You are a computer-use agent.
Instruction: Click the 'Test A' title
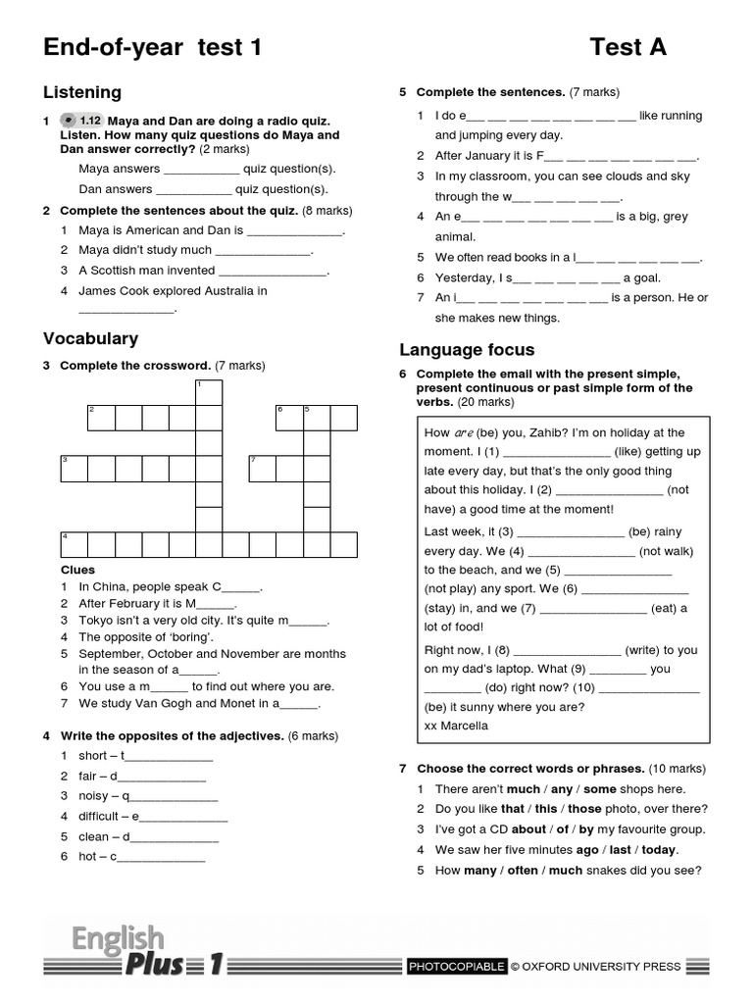pyautogui.click(x=627, y=47)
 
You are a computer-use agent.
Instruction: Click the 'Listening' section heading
pyautogui.click(x=82, y=92)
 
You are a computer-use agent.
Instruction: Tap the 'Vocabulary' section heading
pyautogui.click(x=90, y=338)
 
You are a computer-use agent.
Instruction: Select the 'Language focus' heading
pyautogui.click(x=466, y=349)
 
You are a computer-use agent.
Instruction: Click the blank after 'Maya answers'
pyautogui.click(x=202, y=170)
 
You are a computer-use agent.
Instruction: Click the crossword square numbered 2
pyautogui.click(x=101, y=418)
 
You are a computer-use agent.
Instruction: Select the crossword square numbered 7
pyautogui.click(x=262, y=468)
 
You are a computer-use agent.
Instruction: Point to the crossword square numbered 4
pyautogui.click(x=75, y=545)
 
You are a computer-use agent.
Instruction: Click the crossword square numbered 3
pyautogui.click(x=75, y=468)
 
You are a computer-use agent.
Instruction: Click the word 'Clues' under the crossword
pyautogui.click(x=77, y=570)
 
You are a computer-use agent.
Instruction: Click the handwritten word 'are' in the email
pyautogui.click(x=464, y=432)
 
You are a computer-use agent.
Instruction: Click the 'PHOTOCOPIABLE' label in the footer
pyautogui.click(x=457, y=966)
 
